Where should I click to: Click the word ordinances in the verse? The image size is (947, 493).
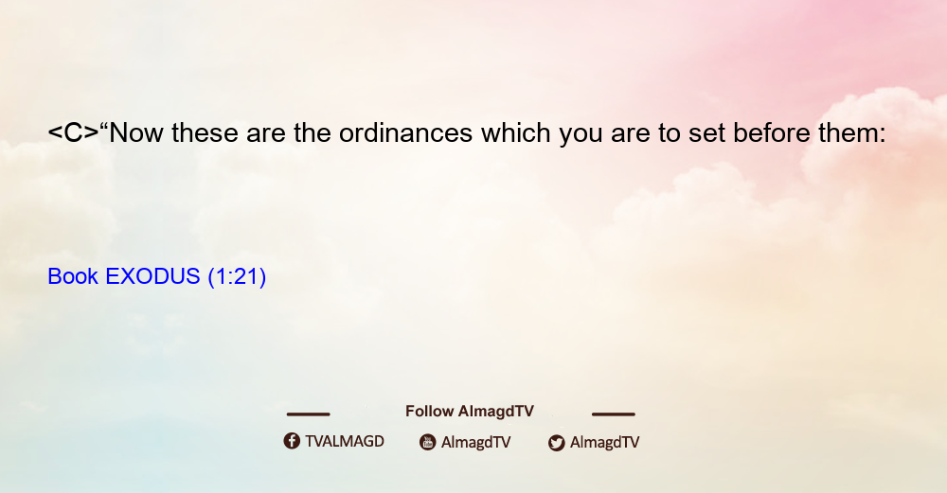tap(405, 132)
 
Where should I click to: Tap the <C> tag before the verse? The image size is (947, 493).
tap(73, 132)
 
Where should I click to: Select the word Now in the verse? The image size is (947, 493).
tap(135, 132)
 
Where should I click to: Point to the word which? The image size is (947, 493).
tap(516, 132)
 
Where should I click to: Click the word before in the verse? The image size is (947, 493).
tap(771, 132)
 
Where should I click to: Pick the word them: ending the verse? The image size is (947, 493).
tap(851, 132)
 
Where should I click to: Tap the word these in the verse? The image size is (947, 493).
tap(205, 132)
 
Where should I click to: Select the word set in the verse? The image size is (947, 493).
tap(706, 133)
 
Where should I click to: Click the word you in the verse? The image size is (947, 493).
tap(581, 135)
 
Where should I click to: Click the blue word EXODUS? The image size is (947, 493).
tap(152, 276)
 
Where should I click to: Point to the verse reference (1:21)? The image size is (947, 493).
tap(237, 277)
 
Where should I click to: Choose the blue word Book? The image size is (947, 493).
tap(73, 276)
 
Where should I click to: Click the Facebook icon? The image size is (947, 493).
tap(292, 441)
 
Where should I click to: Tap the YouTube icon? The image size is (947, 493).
tap(428, 442)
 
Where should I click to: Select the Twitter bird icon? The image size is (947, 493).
tap(556, 443)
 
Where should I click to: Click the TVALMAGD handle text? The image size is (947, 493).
tap(345, 441)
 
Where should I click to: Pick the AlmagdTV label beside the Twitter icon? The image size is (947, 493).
tap(604, 442)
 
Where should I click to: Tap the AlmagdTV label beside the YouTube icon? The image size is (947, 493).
tap(476, 442)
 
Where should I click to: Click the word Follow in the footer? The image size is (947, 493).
tap(429, 411)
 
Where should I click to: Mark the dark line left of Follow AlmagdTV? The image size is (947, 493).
tap(308, 414)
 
